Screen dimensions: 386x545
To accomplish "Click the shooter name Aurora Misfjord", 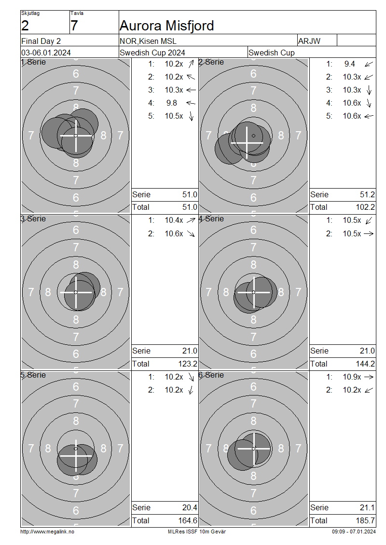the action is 166,26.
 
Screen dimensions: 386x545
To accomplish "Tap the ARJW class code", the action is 309,41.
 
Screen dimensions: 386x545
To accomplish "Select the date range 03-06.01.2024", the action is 46,53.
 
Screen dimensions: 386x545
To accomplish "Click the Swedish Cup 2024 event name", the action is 152,53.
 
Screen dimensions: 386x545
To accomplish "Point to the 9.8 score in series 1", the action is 171,103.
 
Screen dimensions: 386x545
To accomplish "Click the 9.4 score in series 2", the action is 349,64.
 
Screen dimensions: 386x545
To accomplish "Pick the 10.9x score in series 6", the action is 352,377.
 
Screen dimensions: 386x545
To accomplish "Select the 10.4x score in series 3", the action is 174,220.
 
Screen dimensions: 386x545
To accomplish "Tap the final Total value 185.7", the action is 365,521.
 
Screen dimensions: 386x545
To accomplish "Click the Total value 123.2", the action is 187,364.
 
